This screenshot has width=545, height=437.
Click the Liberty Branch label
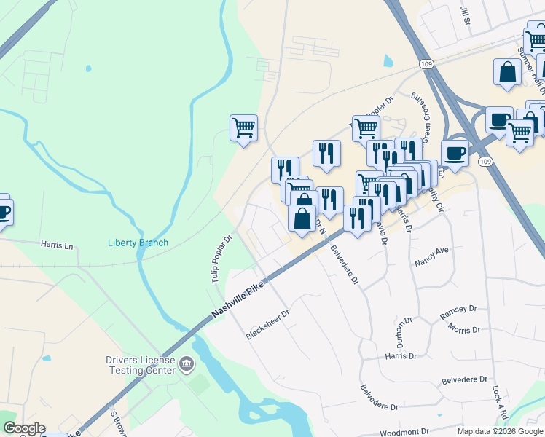pyautogui.click(x=138, y=243)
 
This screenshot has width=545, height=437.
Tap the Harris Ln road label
pyautogui.click(x=58, y=246)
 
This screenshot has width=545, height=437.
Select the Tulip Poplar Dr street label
pyautogui.click(x=221, y=259)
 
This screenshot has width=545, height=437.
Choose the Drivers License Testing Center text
pyautogui.click(x=140, y=365)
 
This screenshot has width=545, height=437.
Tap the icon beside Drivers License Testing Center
pyautogui.click(x=187, y=363)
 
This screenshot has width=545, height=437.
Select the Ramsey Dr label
pyautogui.click(x=459, y=315)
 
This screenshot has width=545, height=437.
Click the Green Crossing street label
pyautogui.click(x=420, y=109)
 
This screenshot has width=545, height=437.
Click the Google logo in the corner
pyautogui.click(x=23, y=428)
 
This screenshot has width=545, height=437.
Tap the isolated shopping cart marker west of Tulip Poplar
pyautogui.click(x=243, y=129)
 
